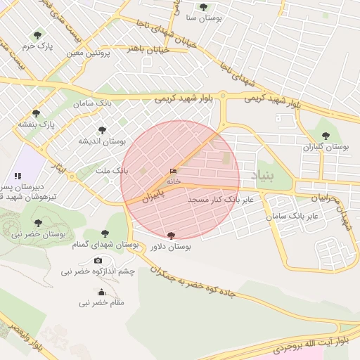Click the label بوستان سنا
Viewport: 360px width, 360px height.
coord(203,18)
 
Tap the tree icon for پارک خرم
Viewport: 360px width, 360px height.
coord(37,34)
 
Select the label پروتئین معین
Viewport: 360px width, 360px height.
coord(90,53)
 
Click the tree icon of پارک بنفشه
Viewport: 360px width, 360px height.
coord(37,113)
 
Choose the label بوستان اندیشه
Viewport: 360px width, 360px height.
coord(102,141)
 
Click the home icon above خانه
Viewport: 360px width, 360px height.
coord(173,171)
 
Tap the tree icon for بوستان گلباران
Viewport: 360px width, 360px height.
coord(325,136)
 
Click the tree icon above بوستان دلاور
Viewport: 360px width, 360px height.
coord(171,236)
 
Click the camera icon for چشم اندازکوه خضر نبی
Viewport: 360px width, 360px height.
coord(98,261)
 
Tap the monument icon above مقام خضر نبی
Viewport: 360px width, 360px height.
coord(101,292)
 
